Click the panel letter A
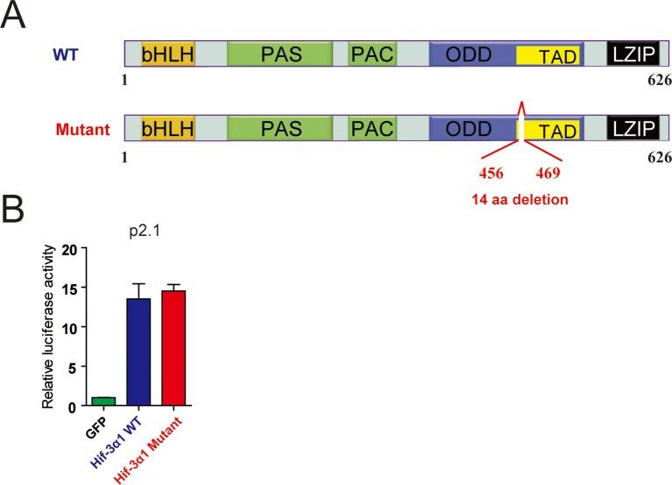tap(13, 15)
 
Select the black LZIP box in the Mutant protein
tap(633, 130)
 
